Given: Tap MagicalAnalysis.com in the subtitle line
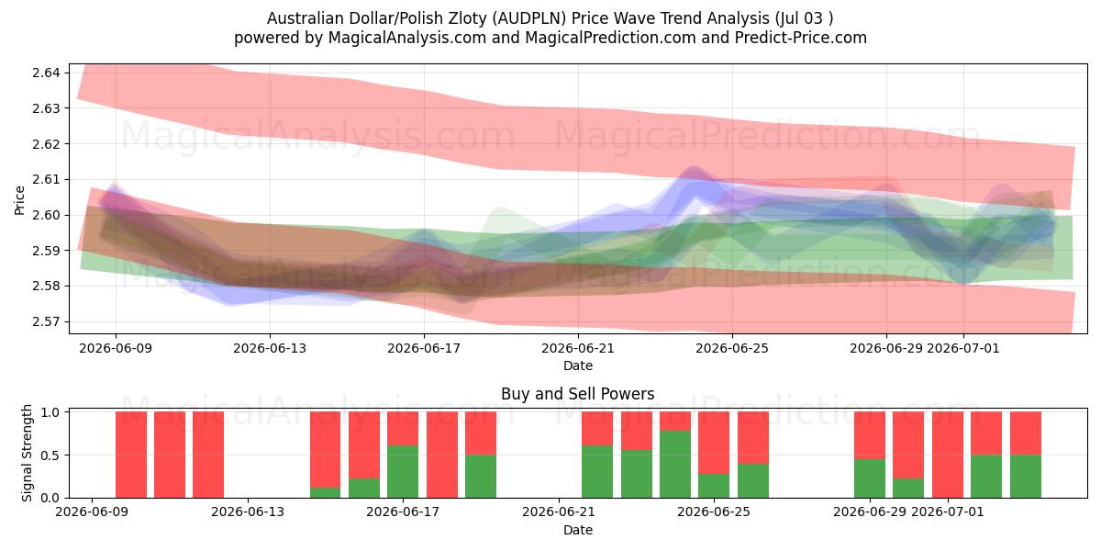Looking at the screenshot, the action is coord(407,38).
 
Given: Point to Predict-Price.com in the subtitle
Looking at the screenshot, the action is coord(801,38).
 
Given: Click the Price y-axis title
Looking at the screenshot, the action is coord(19,200).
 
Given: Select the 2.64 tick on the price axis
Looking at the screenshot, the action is coord(46,73).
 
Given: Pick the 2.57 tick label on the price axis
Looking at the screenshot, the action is coord(46,321).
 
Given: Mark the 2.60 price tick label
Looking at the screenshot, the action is coord(46,215).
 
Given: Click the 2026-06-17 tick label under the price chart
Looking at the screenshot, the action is coord(424,348).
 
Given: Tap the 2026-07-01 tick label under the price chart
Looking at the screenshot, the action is coord(962,348).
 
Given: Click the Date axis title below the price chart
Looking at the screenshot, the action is coord(578,365).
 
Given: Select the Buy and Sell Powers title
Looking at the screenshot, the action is coord(577,394).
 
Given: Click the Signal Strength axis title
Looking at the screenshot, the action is coord(27,453).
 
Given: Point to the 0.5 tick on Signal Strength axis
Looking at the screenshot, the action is coord(50,455).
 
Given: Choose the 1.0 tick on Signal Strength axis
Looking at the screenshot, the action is coord(50,412).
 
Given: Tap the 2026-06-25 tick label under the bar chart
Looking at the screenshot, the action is coord(714,512).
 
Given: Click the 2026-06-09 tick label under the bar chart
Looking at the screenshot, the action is coord(92,512).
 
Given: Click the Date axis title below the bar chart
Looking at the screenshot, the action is coord(578,530).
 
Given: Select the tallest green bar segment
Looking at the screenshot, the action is coord(675,465).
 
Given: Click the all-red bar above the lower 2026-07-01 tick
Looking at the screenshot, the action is coord(948,455).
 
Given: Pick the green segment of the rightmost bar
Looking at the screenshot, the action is coord(1026,477).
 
